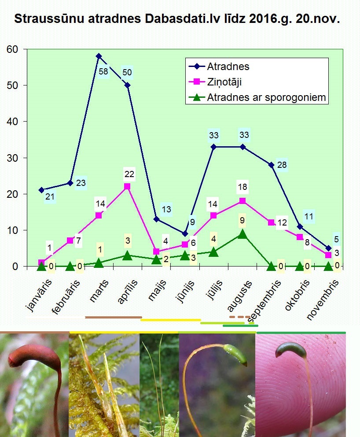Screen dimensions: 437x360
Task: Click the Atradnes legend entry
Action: (228, 67)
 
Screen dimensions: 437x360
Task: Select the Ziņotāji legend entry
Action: (224, 82)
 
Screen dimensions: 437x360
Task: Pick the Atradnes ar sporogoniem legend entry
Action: (267, 97)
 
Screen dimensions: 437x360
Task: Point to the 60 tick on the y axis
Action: (12, 49)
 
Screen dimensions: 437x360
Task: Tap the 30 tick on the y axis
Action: (12, 158)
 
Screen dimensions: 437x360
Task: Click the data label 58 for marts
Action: (104, 72)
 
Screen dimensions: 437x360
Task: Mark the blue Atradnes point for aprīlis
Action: (127, 85)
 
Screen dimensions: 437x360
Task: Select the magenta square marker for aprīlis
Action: (127, 186)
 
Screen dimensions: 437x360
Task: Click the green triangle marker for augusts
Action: (242, 234)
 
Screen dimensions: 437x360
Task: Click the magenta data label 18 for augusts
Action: (242, 187)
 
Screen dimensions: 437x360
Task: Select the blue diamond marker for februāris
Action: (70, 183)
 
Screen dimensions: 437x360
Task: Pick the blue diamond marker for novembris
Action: (328, 248)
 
